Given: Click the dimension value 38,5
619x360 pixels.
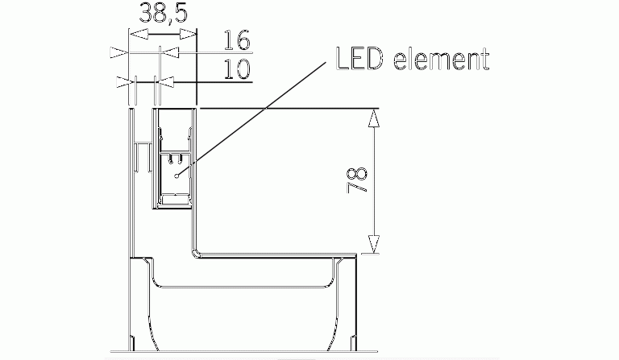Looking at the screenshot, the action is coord(164,13).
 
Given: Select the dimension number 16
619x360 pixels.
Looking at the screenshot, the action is coord(237,40).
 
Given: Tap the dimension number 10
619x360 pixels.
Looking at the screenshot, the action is coord(237,69).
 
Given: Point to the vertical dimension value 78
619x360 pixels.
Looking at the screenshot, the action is coord(357,180).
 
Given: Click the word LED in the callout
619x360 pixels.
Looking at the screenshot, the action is coord(359,58).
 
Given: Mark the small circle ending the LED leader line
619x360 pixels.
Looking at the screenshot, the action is coord(177,176).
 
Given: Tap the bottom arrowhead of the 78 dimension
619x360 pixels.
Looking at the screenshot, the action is coord(373,244).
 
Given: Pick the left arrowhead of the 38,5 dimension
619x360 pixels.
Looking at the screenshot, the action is coord(139,35).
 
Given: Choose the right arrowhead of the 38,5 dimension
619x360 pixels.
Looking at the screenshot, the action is coord(188,35).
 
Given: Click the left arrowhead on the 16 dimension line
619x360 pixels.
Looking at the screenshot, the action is coord(118,52).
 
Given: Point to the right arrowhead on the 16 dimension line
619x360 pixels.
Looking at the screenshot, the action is coord(170,52).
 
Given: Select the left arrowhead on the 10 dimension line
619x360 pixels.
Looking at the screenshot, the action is coord(125,82).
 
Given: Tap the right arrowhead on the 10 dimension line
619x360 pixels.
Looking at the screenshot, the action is coord(164,82).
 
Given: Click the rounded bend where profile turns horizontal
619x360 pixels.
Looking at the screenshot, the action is coord(195,253).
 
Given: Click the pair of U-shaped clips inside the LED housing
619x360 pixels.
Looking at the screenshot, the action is coord(176,158).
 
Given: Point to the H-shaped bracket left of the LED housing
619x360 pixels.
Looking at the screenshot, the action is coord(143,156).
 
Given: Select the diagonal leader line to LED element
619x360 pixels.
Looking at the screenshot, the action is coord(252,118).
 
